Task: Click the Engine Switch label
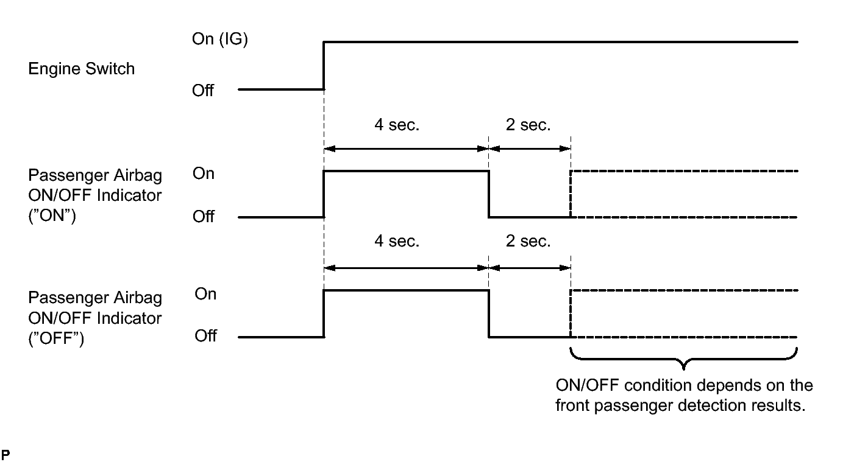tap(81, 69)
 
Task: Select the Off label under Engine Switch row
tap(203, 90)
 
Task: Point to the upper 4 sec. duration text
tap(397, 125)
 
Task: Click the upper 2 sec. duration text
tap(528, 125)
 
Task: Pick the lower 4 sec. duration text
tap(397, 241)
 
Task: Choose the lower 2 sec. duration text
tap(528, 241)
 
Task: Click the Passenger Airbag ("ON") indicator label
tap(95, 195)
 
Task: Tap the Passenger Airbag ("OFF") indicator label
tap(95, 318)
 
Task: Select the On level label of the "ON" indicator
tap(204, 173)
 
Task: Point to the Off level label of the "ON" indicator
tap(204, 217)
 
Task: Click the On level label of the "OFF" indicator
tap(205, 294)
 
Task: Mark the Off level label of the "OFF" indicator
tap(205, 336)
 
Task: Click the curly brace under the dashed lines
tap(684, 359)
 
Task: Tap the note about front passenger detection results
tap(684, 396)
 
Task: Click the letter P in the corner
tap(5, 455)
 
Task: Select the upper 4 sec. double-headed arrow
tap(407, 148)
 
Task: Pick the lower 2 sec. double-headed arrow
tap(530, 267)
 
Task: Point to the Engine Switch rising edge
tap(324, 66)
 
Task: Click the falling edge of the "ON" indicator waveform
tap(489, 194)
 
